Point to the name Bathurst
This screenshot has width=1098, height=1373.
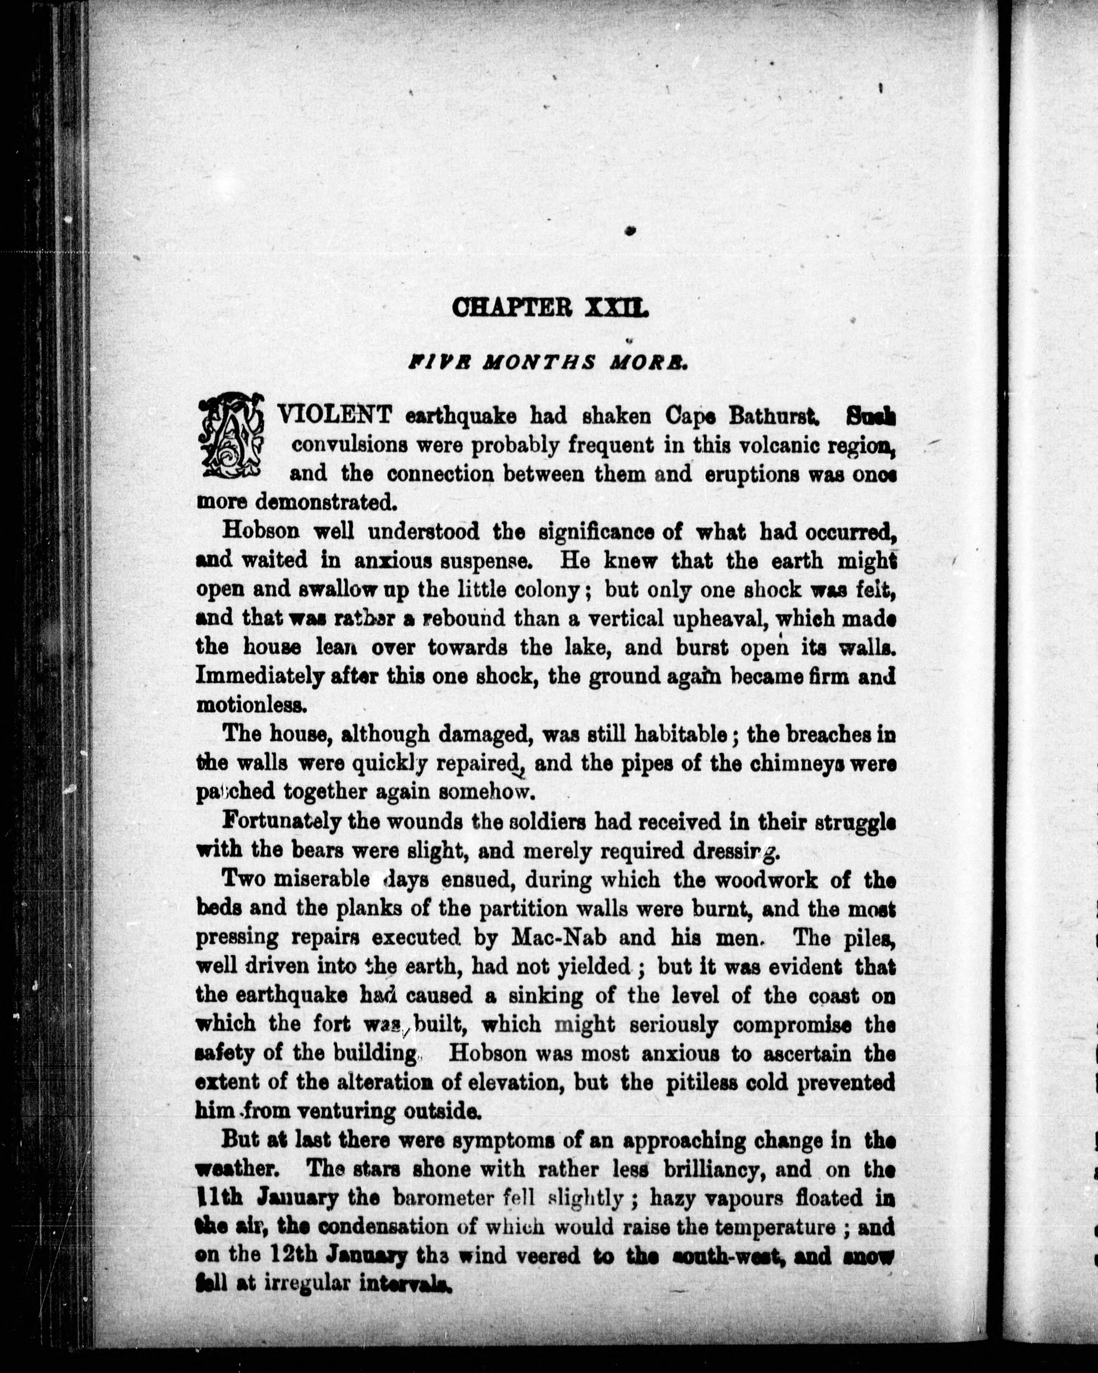(773, 416)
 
